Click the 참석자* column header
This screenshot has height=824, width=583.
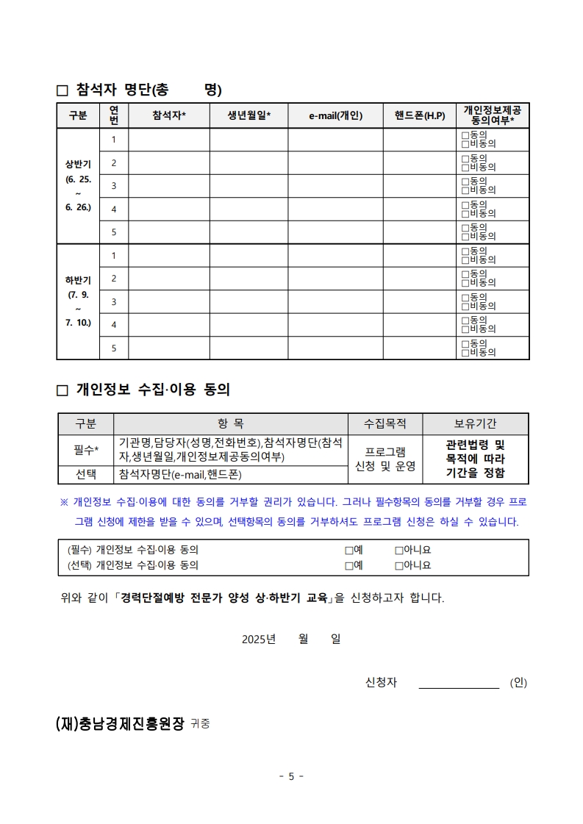[169, 115]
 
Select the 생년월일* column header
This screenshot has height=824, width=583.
[248, 115]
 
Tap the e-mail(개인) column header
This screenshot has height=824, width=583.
[335, 115]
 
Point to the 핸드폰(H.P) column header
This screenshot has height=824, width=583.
[419, 115]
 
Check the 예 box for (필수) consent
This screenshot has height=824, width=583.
[349, 550]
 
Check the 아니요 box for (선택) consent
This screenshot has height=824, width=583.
[399, 566]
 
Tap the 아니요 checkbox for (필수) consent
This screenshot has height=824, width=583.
[399, 550]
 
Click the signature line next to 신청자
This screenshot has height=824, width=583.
[459, 683]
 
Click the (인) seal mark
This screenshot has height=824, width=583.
[518, 683]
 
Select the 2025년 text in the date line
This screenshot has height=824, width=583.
[258, 640]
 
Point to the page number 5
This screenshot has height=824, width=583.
[291, 776]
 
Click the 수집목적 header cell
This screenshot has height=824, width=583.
[385, 424]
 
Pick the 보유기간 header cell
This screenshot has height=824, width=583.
[475, 424]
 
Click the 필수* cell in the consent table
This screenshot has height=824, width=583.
[86, 449]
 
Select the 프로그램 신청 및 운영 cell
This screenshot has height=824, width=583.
[385, 458]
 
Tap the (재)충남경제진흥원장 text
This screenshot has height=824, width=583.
[120, 723]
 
